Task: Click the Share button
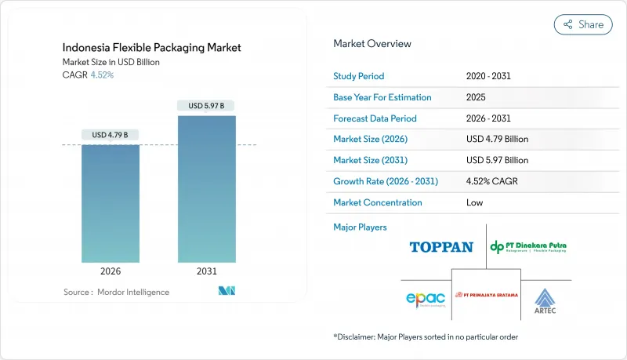click(582, 24)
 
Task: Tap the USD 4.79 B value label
click(111, 135)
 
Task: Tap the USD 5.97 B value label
click(206, 105)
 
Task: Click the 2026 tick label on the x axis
click(111, 271)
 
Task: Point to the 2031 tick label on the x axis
click(206, 271)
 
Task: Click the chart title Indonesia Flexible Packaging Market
click(152, 48)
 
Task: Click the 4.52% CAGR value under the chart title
click(102, 75)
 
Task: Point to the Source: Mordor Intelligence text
click(116, 292)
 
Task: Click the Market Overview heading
click(371, 44)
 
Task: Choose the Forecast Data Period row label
click(375, 118)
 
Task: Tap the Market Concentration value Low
click(475, 202)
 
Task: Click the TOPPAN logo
click(441, 247)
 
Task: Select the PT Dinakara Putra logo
click(528, 247)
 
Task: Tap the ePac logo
click(426, 300)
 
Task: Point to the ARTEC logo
click(545, 299)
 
